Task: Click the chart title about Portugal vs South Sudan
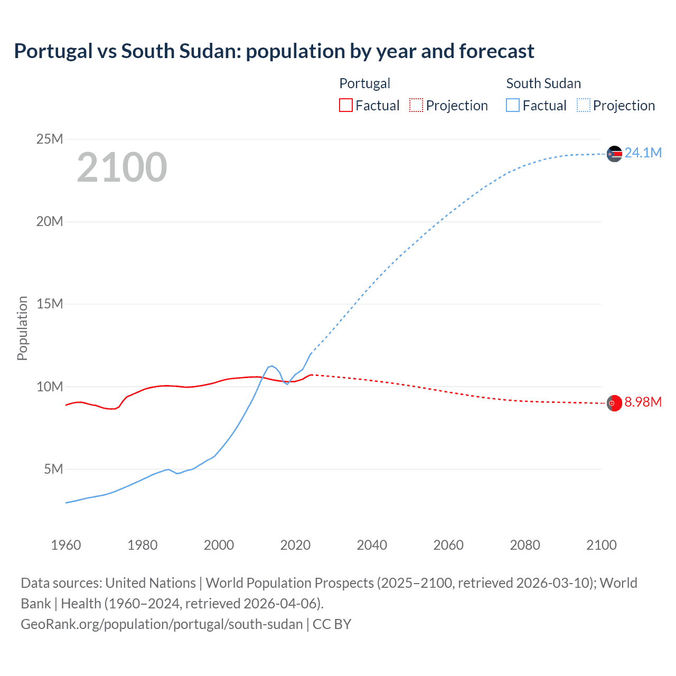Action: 274,51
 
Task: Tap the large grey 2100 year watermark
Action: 122,167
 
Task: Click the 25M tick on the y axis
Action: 50,139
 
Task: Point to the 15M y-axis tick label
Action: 50,304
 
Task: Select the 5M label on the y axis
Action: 53,469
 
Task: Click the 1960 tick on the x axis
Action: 66,545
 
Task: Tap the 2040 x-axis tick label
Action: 372,545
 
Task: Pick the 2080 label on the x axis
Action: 525,545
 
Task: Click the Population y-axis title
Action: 22,328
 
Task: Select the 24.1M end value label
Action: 643,153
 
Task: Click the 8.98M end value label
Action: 643,402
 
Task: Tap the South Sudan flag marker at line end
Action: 614,154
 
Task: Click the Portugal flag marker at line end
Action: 614,403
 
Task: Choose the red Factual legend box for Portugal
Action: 346,105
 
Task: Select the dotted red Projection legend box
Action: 416,105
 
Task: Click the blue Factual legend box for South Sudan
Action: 513,105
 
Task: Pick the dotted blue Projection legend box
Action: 584,105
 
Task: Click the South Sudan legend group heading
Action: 543,83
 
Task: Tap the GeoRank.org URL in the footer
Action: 162,624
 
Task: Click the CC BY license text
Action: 332,624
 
